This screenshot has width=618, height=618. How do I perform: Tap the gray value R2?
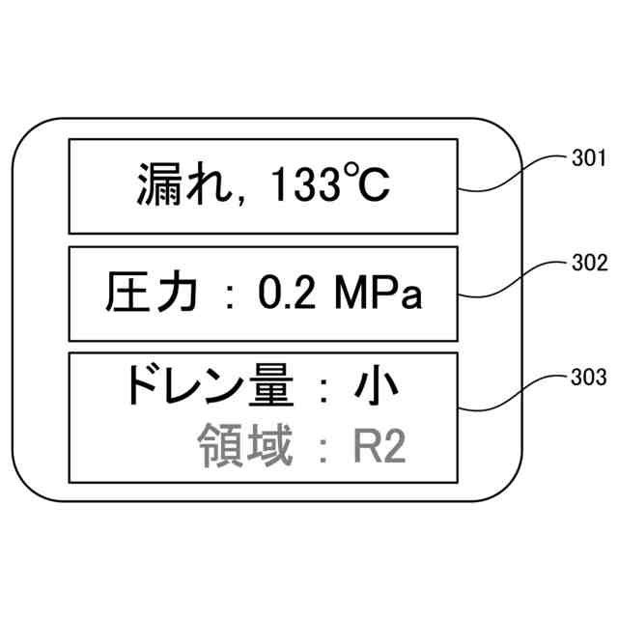(377, 448)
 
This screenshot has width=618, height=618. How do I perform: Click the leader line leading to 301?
(512, 175)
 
